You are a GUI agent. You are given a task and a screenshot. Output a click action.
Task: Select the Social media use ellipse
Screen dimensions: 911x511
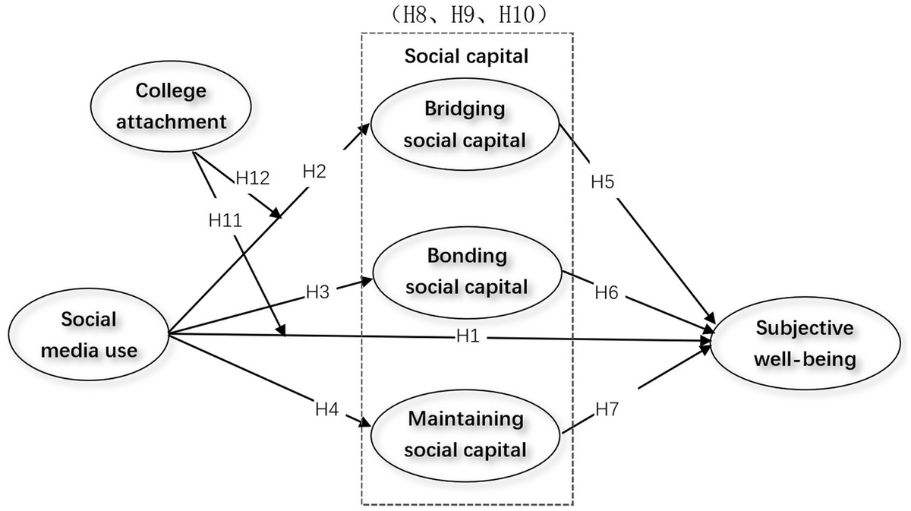90,335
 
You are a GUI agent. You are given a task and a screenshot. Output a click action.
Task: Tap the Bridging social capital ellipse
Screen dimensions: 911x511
465,125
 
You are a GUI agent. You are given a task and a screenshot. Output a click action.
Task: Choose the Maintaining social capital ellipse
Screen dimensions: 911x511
465,434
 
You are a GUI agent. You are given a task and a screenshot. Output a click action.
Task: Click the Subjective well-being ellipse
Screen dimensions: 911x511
805,342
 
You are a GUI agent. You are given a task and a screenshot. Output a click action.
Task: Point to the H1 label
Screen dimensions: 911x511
469,336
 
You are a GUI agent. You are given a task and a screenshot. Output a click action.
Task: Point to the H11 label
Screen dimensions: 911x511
225,220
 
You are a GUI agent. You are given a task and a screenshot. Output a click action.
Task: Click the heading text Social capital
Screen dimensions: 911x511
466,55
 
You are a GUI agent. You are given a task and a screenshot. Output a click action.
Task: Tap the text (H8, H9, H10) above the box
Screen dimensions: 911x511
466,15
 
